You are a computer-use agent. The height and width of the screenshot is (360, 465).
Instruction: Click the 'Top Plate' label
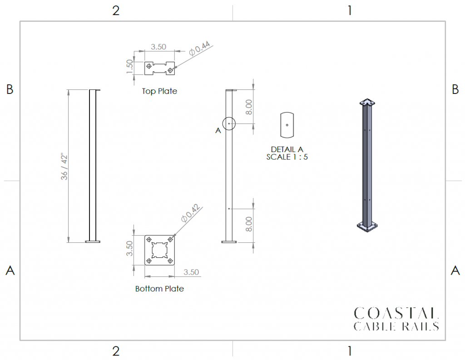159,91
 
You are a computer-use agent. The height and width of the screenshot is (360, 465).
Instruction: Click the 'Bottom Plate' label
159,289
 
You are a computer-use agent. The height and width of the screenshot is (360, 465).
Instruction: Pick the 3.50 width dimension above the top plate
158,47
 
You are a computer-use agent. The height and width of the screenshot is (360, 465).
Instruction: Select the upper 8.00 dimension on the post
248,107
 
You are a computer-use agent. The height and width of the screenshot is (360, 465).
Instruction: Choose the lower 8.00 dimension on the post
248,224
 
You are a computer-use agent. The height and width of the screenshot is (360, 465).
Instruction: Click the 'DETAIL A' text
287,149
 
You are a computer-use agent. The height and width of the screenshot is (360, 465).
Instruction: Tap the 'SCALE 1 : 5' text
287,157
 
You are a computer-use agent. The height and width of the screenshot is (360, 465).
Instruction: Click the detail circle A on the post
229,123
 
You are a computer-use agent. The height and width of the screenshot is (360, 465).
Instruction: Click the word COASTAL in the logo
396,313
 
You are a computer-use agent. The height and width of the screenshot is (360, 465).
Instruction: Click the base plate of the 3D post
367,226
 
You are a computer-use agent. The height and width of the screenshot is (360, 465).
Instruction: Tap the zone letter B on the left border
10,89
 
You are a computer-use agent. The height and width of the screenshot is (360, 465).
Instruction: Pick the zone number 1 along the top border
349,11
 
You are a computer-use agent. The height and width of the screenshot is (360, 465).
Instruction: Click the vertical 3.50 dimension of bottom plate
129,248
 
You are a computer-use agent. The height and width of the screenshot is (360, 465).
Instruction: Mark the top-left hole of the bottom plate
149,239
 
